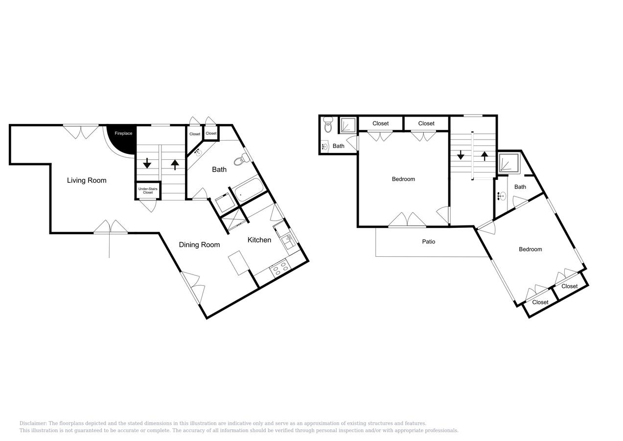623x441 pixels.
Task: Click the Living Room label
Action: click(x=87, y=180)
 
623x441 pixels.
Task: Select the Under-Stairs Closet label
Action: click(x=148, y=191)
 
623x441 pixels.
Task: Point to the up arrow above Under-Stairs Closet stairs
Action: click(x=175, y=165)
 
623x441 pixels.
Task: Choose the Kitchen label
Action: click(x=259, y=240)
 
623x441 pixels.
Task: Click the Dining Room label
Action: click(x=199, y=245)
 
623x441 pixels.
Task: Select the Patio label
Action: click(x=429, y=242)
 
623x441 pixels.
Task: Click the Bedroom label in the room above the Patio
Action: click(x=403, y=179)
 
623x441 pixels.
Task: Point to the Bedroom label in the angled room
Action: click(x=531, y=249)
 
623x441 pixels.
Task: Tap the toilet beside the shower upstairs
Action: click(x=328, y=126)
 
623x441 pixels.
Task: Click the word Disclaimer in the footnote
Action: click(x=33, y=423)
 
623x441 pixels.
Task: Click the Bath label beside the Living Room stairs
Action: click(x=219, y=170)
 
